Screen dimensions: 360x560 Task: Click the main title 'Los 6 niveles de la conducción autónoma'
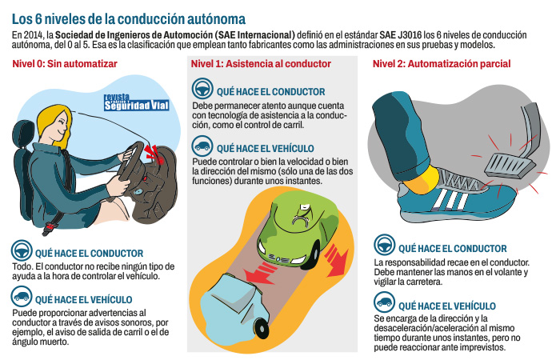pyautogui.click(x=129, y=17)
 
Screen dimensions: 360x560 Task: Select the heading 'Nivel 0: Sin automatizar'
pyautogui.click(x=59, y=64)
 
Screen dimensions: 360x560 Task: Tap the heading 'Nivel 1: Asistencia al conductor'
pyautogui.click(x=261, y=64)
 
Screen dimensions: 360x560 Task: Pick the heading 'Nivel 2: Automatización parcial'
pyautogui.click(x=440, y=64)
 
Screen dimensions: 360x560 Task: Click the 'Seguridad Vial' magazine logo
pyautogui.click(x=135, y=102)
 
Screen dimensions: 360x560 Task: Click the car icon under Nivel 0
pyautogui.click(x=21, y=298)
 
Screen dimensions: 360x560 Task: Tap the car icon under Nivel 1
pyautogui.click(x=203, y=147)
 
